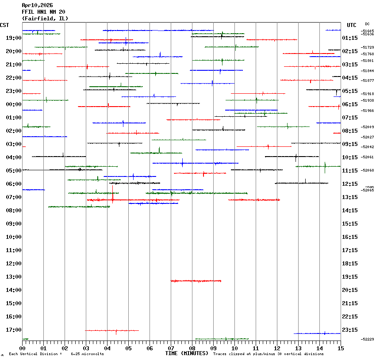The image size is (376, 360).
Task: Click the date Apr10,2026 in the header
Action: pos(37,5)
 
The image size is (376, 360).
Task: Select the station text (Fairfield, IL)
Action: pos(45,19)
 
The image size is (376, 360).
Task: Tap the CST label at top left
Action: pos(5,25)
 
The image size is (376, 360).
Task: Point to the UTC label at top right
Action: pos(352,25)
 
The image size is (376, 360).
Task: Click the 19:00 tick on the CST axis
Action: pos(14,38)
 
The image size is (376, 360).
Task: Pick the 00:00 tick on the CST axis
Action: pos(14,104)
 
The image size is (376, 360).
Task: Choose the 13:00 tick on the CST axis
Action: pos(14,277)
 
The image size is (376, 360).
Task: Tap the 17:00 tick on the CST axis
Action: pos(14,330)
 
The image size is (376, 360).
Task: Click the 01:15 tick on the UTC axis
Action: pos(350,38)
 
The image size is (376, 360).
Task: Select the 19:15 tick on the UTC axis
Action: pos(350,277)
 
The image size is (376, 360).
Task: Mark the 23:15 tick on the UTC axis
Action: pos(350,330)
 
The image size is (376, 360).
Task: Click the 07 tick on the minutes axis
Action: pos(171,349)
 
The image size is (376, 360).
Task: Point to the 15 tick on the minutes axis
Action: pos(340,349)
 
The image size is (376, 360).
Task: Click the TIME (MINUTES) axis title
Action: pos(187,353)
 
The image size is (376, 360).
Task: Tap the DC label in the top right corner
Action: pos(367,24)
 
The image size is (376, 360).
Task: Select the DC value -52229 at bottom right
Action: pos(368,339)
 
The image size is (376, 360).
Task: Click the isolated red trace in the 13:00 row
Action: pos(196,281)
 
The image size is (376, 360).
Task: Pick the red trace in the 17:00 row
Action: pos(112,330)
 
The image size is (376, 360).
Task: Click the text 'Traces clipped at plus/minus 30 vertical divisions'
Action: pos(268,354)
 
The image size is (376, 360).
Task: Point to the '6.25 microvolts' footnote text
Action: pos(87,354)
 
